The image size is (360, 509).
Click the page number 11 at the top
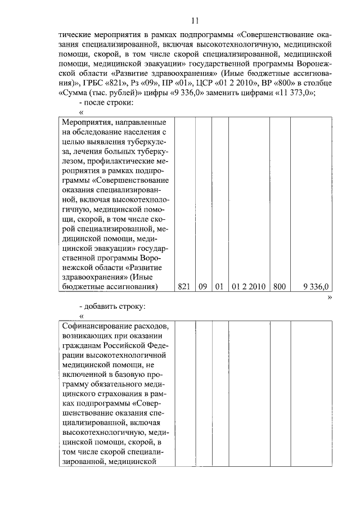195,21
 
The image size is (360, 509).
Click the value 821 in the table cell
184,286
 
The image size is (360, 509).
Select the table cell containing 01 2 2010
248,286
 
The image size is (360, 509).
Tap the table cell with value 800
279,286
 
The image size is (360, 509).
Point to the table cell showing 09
203,286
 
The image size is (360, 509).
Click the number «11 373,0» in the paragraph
291,93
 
